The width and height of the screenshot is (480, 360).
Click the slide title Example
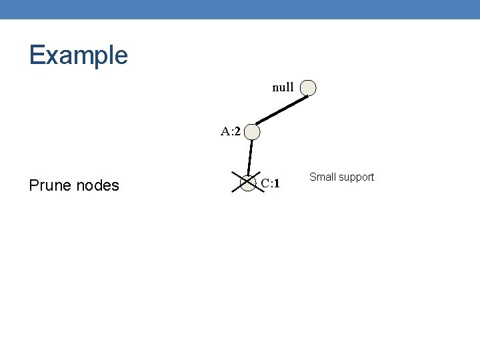tap(78, 55)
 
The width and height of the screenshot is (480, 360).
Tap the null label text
tap(283, 87)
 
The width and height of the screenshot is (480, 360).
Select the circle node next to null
tap(307, 87)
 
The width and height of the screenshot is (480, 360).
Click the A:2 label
tap(231, 131)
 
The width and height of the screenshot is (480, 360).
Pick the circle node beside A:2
tap(252, 133)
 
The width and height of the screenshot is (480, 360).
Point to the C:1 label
tap(270, 183)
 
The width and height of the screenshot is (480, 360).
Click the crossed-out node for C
tap(247, 182)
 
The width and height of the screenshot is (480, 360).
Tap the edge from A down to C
tap(250, 157)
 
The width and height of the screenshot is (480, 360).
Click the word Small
tap(322, 177)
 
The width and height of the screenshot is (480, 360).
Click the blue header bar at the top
tap(240, 9)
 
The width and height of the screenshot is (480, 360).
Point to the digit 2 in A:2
tap(237, 131)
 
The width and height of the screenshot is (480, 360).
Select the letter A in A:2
tap(225, 131)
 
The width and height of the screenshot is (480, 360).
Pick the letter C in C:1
tap(265, 183)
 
